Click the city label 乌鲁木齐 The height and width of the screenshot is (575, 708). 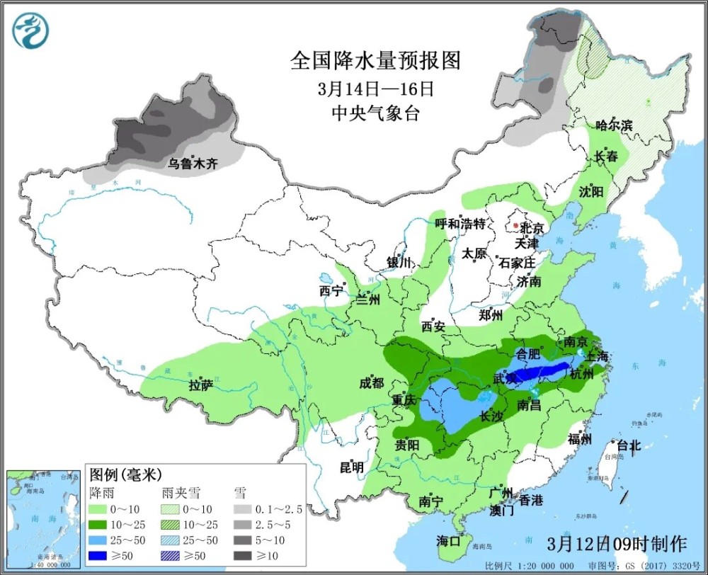pos(193,164)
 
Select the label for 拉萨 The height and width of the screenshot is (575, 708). pos(201,386)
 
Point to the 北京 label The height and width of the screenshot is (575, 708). pos(531,228)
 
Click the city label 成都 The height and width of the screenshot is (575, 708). pos(371,383)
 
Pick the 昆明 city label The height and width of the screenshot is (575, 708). pos(351,467)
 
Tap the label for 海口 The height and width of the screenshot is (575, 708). pos(448,541)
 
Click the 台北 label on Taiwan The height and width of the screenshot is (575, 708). pos(628,445)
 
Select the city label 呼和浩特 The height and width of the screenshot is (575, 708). pos(459,224)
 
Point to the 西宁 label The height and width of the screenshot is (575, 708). pos(331,290)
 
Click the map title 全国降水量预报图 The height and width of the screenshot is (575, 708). pos(375,61)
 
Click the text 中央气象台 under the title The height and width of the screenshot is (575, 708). pos(375,113)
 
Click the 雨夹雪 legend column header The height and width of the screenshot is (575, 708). pos(178,491)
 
